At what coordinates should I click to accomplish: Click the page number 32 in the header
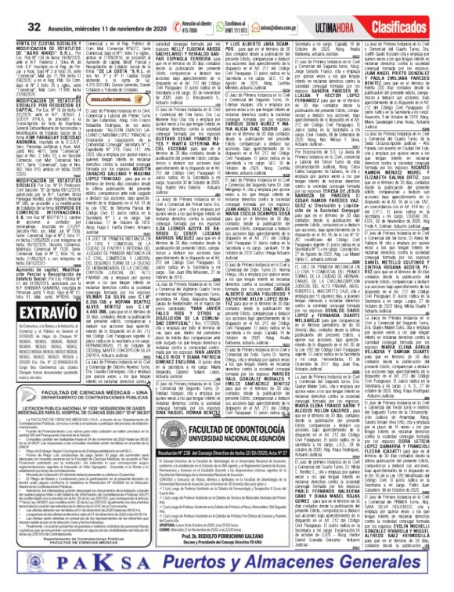click(15, 8)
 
